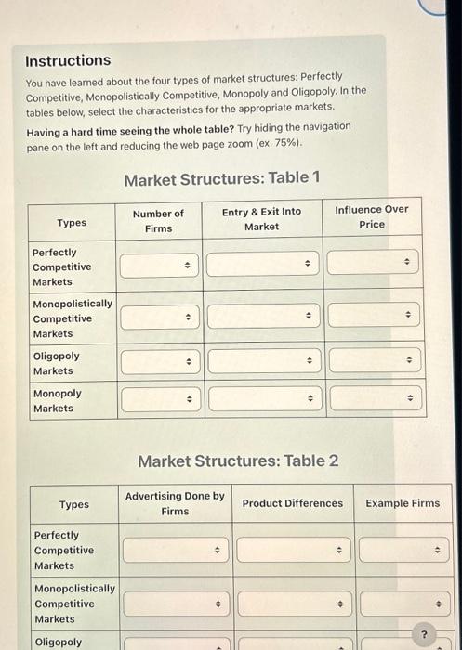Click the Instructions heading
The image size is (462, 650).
click(68, 60)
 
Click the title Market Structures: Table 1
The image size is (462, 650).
click(222, 177)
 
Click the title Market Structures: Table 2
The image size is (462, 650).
click(238, 461)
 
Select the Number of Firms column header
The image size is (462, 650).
click(158, 220)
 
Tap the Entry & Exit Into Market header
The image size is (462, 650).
click(261, 218)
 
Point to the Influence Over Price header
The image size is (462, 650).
click(371, 216)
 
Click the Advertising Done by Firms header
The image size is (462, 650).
click(175, 503)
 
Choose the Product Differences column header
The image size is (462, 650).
click(292, 503)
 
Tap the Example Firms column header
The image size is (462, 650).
click(403, 503)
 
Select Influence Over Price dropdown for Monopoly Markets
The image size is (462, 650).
click(375, 400)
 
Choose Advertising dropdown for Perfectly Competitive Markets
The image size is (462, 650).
click(175, 550)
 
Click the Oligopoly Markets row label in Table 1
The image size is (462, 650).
click(56, 363)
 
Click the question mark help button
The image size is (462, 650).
click(425, 635)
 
